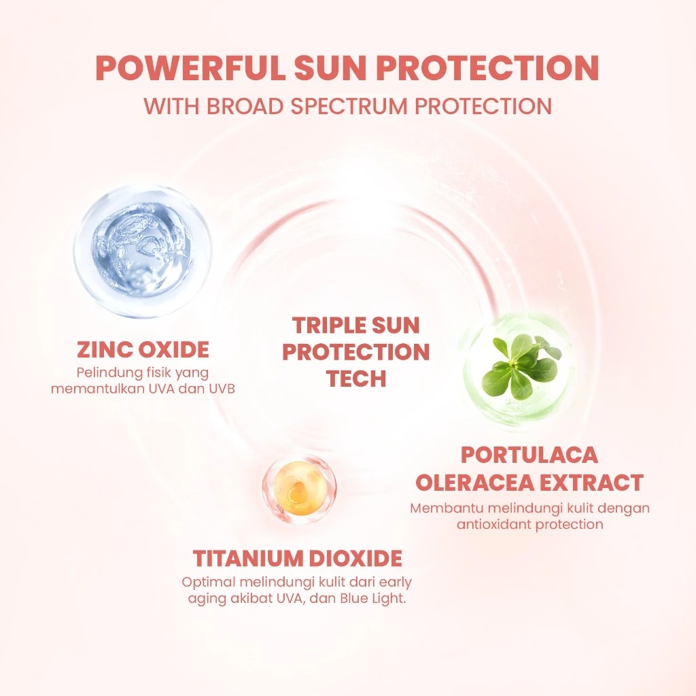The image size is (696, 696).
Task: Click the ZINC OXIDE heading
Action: click(x=143, y=350)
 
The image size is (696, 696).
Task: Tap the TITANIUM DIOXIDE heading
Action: click(x=298, y=559)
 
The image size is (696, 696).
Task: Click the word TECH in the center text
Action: click(x=356, y=379)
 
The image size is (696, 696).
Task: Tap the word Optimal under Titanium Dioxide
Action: click(x=206, y=582)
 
